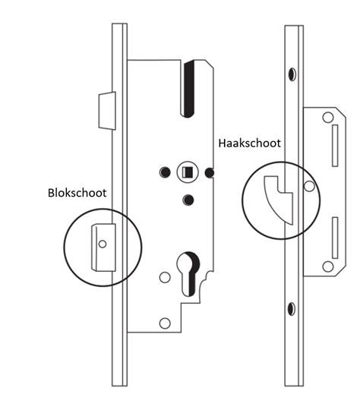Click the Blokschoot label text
point(77,193)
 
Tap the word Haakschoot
point(249,143)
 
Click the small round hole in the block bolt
point(103,244)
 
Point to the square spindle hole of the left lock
point(188,172)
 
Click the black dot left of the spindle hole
point(165,172)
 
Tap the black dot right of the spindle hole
point(209,173)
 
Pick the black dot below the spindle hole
point(188,200)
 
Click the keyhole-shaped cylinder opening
point(188,274)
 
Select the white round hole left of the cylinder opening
point(165,277)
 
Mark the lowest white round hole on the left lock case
point(165,323)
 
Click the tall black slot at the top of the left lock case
point(188,89)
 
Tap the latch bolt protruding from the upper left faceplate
point(107,111)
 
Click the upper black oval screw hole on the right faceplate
point(292,74)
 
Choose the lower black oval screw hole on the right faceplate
point(292,309)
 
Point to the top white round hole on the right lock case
point(328,117)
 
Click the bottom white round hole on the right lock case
point(328,266)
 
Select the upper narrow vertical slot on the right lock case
point(335,146)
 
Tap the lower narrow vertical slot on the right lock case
point(335,238)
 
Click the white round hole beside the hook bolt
point(309,186)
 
